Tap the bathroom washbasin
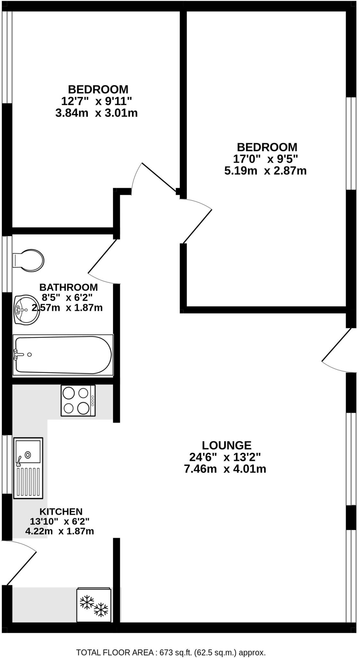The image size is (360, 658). (26, 310)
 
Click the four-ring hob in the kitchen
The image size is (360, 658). (78, 401)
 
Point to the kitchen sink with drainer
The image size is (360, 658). (28, 467)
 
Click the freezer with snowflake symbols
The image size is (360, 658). (94, 605)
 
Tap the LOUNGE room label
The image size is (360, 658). (226, 445)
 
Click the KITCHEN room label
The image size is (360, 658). (61, 511)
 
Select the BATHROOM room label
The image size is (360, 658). (68, 287)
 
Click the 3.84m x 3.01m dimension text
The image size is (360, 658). (96, 113)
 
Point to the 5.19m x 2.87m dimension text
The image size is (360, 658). (265, 171)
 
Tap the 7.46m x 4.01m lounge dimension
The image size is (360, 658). (225, 469)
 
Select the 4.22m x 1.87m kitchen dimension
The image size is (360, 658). (59, 531)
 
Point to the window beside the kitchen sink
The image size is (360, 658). (7, 464)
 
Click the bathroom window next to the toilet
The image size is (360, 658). (7, 264)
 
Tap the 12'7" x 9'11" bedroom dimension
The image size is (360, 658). (96, 101)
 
